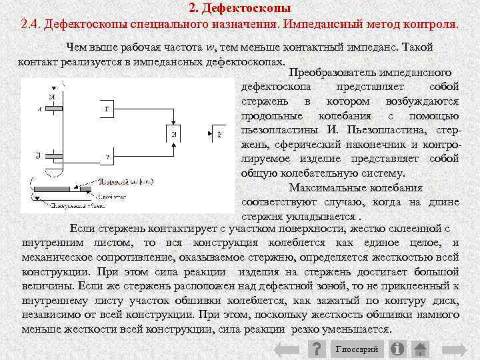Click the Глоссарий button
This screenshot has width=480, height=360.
point(357,349)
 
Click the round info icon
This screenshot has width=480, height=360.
point(398,349)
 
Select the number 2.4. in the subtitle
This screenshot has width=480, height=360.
point(33,25)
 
